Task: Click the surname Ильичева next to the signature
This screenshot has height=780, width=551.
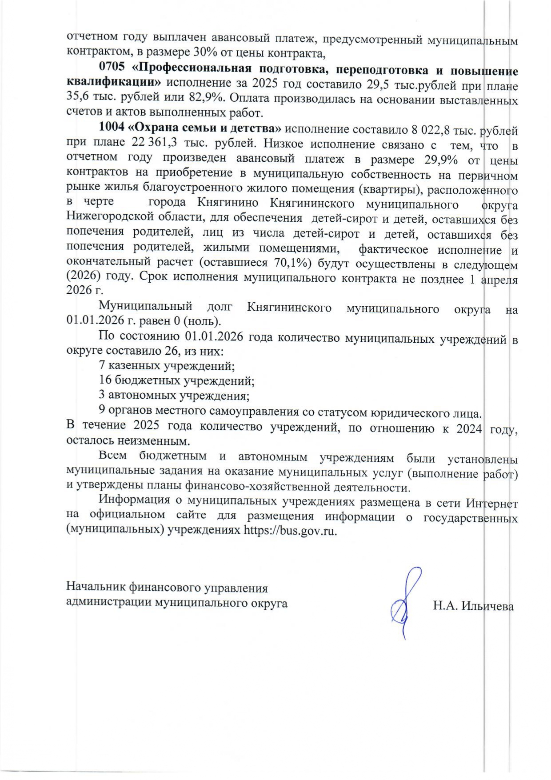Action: [x=487, y=606]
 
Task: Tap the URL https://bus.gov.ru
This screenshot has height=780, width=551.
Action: [x=290, y=531]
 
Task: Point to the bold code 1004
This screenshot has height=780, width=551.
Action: [x=111, y=128]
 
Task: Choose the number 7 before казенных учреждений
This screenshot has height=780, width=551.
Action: [x=102, y=365]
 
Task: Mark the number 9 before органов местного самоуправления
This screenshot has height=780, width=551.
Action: [x=102, y=410]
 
